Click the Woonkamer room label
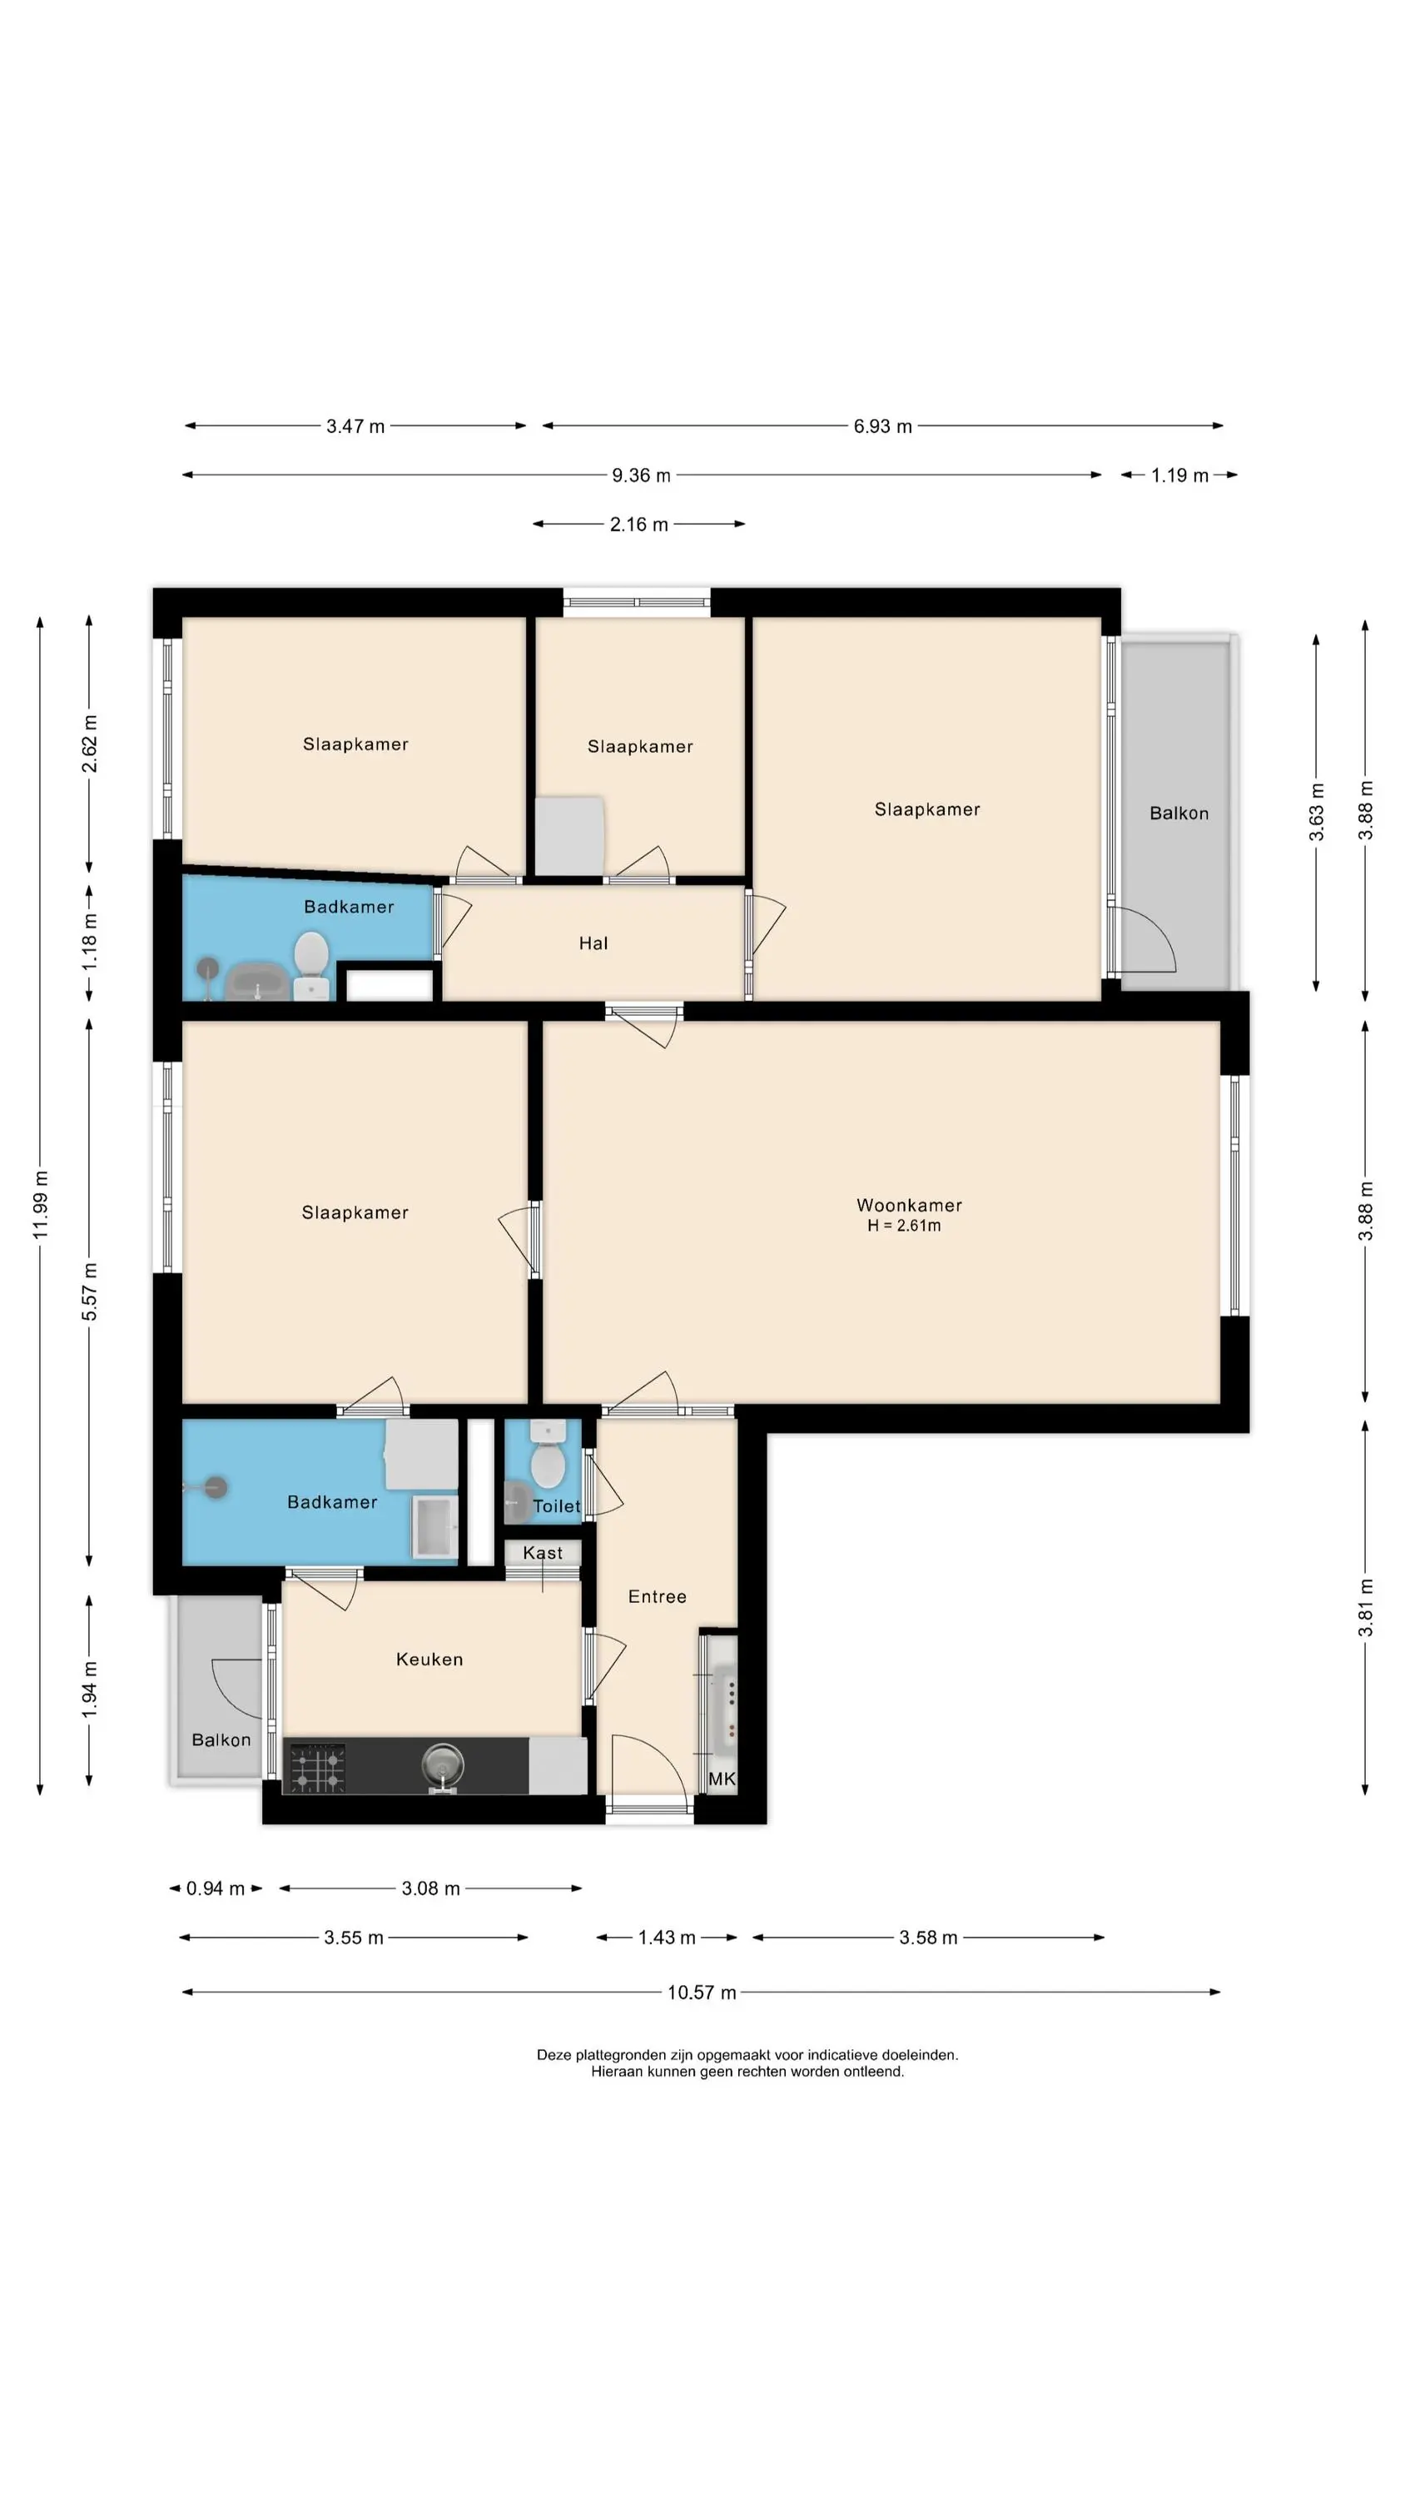909,1206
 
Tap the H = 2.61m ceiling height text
904,1226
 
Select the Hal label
593,943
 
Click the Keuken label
429,1660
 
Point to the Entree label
658,1596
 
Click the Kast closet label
543,1553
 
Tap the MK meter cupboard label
722,1779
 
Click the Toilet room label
557,1506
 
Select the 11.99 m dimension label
40,1204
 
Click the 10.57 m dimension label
702,1993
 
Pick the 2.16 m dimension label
639,525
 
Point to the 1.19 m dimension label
1180,475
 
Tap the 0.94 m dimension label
216,1888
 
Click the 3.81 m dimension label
1365,1608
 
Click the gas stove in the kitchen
318,1767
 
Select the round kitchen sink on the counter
442,1762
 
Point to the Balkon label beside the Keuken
221,1739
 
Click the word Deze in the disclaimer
554,2055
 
